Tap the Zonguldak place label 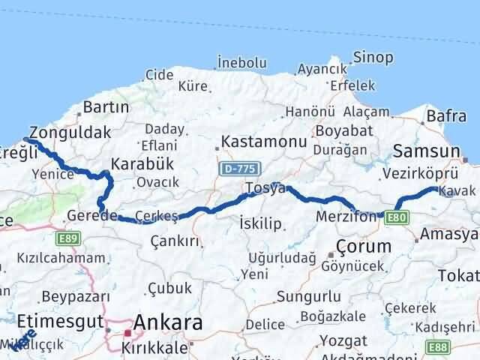70,132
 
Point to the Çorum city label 364,245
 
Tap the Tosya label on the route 265,188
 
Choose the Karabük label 142,163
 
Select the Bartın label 107,107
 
